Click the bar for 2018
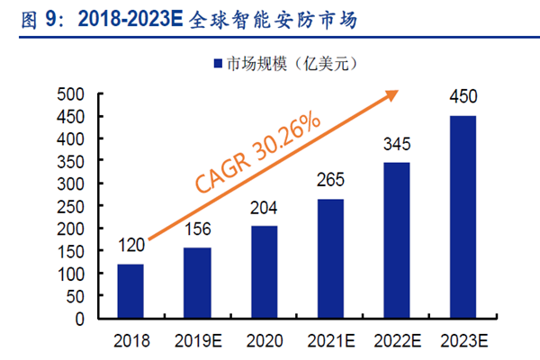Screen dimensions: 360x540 tap(130, 291)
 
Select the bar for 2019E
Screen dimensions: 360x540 tap(197, 283)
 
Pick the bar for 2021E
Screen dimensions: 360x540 tap(330, 258)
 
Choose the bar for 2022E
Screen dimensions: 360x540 tap(397, 240)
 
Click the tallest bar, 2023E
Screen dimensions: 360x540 tap(463, 217)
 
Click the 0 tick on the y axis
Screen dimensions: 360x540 tap(79, 319)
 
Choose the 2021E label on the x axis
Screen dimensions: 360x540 tap(330, 340)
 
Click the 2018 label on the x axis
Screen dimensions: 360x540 tap(130, 340)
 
